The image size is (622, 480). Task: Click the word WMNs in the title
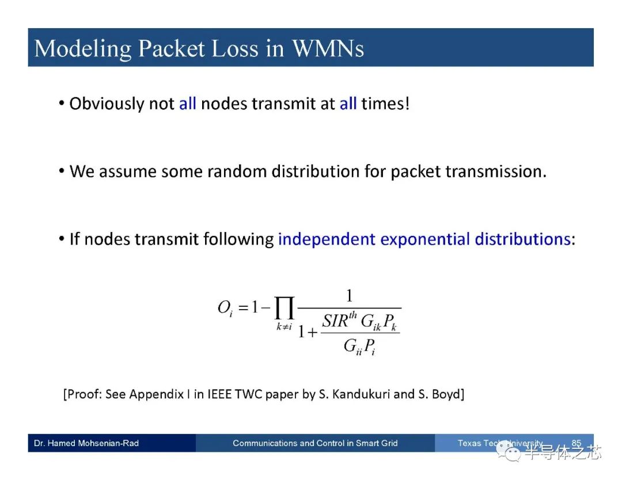(x=328, y=49)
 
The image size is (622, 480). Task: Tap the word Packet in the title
(x=172, y=49)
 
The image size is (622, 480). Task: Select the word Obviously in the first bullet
(x=107, y=104)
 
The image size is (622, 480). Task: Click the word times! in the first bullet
(x=385, y=104)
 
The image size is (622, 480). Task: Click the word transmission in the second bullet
(x=496, y=172)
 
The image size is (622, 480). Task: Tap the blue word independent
(x=327, y=239)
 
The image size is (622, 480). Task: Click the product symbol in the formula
(x=285, y=308)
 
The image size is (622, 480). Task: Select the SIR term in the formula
(x=340, y=320)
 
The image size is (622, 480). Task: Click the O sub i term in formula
(x=225, y=308)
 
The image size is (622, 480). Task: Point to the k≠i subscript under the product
(x=284, y=326)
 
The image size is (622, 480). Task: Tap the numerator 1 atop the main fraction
(x=349, y=296)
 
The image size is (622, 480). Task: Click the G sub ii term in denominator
(x=352, y=347)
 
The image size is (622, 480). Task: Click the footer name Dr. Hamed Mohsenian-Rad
(x=86, y=443)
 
